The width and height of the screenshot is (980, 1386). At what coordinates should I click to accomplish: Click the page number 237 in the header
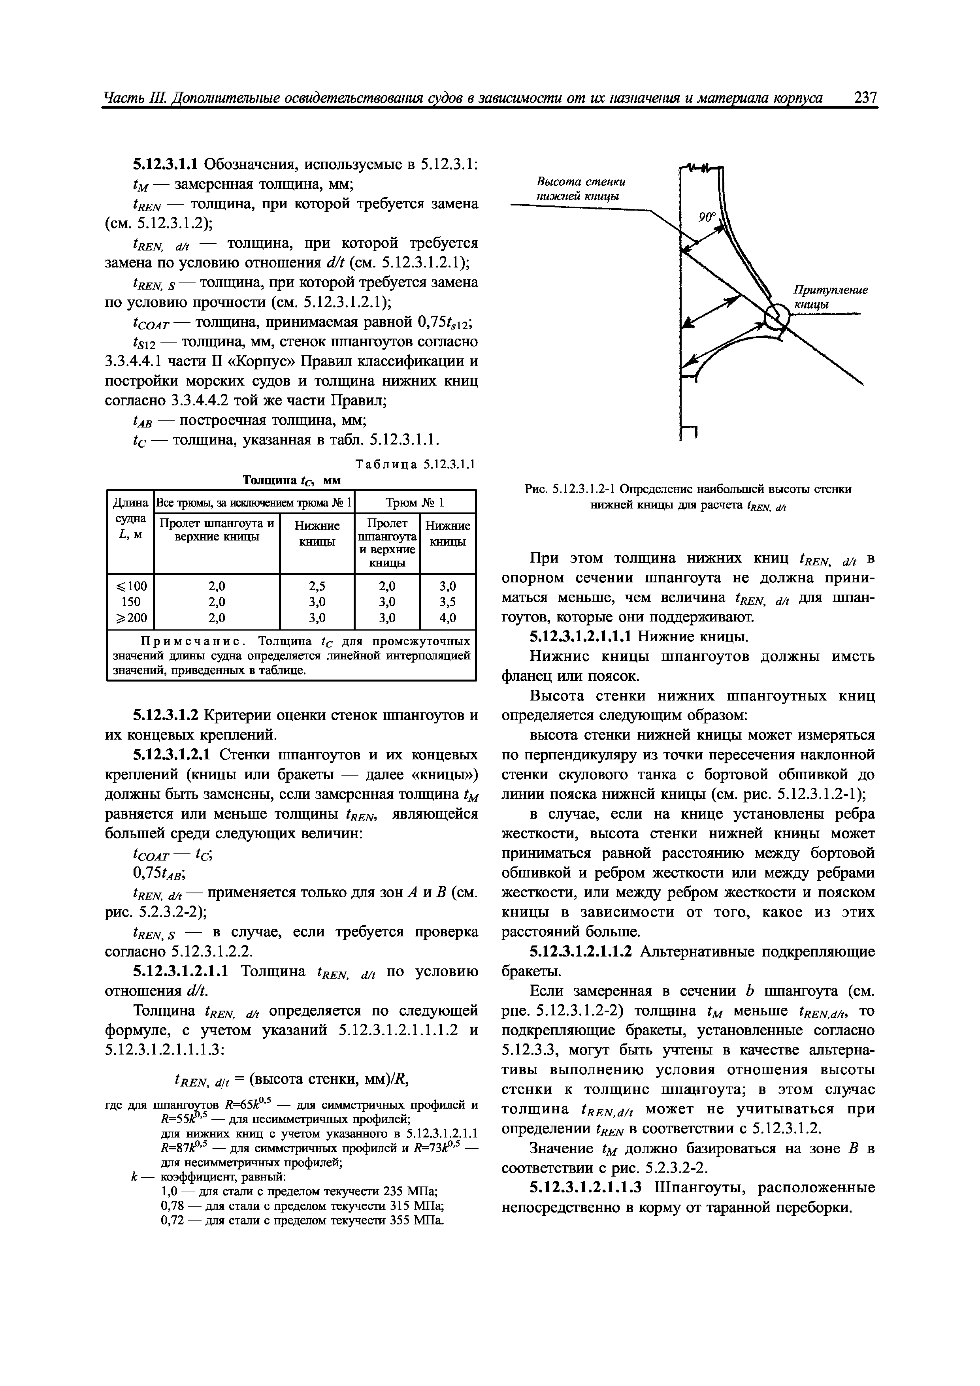coord(865,98)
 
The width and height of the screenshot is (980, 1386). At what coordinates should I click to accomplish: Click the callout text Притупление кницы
coord(830,298)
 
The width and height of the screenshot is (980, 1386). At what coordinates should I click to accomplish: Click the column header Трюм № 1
coord(415,502)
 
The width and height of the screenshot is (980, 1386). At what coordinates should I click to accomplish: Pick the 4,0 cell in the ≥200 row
coord(447,618)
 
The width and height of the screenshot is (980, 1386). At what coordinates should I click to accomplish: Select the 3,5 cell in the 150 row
coord(447,601)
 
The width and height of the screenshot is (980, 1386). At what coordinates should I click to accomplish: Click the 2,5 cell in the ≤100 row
coord(317,586)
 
